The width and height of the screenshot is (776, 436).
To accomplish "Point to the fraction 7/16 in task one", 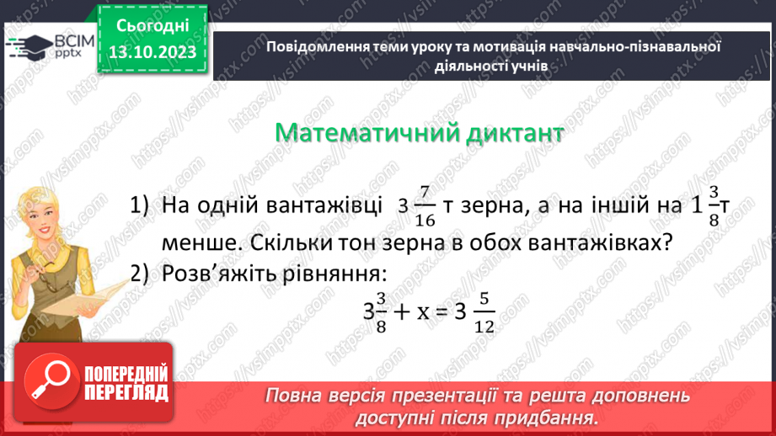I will click(425, 206).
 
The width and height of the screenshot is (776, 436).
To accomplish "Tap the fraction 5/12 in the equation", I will click(483, 311).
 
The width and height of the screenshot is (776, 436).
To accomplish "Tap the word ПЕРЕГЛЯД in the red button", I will click(126, 392).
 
